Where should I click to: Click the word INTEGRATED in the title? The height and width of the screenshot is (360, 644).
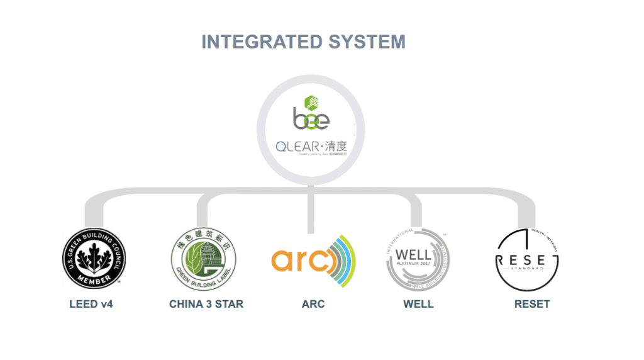point(255,42)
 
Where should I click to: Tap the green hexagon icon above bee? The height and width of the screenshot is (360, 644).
point(311,101)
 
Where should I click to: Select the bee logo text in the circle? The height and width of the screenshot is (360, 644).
point(311,119)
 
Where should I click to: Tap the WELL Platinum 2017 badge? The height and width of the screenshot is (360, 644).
point(417,258)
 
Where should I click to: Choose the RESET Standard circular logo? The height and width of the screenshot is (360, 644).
point(528,258)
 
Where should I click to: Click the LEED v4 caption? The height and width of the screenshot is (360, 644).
point(91,305)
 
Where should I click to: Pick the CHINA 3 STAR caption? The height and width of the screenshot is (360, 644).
point(206,305)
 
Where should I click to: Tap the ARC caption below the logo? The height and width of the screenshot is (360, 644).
point(313,305)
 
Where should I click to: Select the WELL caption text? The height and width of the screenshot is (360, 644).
point(418,305)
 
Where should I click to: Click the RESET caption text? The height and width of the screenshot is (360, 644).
point(532,305)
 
